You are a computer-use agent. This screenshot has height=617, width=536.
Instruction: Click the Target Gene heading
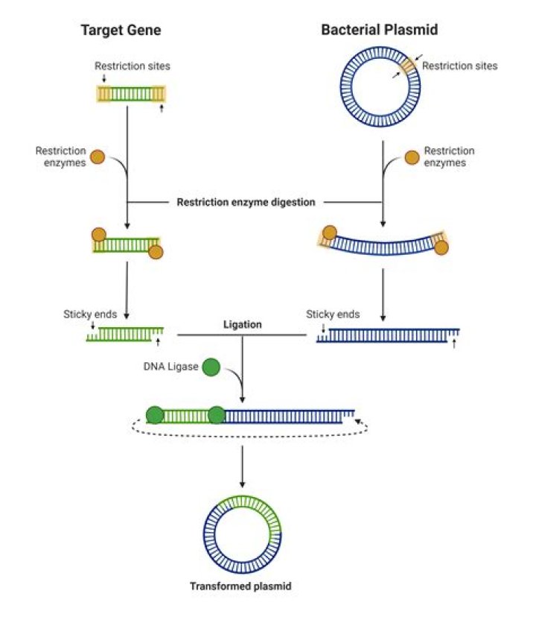click(x=131, y=31)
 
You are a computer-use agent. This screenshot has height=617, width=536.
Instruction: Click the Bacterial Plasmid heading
click(x=379, y=31)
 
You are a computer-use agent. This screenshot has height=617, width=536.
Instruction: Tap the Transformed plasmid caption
click(x=240, y=586)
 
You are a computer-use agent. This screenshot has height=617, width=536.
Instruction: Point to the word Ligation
click(x=243, y=325)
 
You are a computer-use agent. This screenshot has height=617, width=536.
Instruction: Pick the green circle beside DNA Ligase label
click(x=211, y=367)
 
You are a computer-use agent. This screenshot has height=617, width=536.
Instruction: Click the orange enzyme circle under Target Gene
click(x=98, y=157)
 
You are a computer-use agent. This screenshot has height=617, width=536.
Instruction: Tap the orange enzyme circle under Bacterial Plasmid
click(x=412, y=157)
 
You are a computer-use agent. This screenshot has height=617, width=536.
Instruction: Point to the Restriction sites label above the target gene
click(x=132, y=66)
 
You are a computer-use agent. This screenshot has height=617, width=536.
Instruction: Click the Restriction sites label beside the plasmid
click(x=459, y=66)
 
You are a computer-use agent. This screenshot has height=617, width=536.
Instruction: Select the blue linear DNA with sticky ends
click(x=388, y=335)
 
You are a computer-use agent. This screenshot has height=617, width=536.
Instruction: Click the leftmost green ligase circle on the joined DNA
click(x=155, y=415)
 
